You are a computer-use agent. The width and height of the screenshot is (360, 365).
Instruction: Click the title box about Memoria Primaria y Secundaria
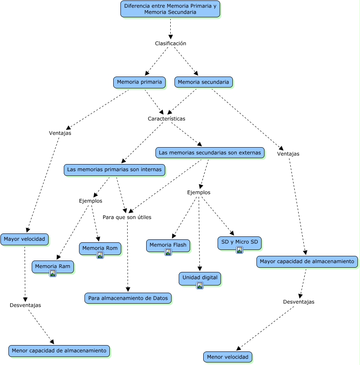tap(170, 9)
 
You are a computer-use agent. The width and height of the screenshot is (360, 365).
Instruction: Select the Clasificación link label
tap(170, 43)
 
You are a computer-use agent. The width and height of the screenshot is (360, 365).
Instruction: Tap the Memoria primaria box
tap(139, 82)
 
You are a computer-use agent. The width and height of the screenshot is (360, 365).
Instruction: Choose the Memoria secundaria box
tap(204, 82)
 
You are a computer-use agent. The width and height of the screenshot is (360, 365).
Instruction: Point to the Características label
tap(166, 119)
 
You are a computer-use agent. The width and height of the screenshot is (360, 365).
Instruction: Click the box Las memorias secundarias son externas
tap(210, 153)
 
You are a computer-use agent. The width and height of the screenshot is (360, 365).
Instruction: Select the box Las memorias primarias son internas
tap(115, 170)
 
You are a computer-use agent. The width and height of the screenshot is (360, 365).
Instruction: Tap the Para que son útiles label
tap(127, 217)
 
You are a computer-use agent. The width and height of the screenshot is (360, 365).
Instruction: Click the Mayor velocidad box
tap(25, 239)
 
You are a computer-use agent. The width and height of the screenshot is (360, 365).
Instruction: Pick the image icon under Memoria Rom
tap(100, 255)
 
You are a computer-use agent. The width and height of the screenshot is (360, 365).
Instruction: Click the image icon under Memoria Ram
tap(53, 273)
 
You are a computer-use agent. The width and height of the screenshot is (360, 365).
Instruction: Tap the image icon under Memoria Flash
tap(168, 252)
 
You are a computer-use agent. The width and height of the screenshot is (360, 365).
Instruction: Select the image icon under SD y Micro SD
tap(240, 250)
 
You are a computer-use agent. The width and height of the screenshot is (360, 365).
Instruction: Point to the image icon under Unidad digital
tap(200, 285)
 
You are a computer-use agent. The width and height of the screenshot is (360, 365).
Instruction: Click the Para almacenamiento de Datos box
tap(128, 298)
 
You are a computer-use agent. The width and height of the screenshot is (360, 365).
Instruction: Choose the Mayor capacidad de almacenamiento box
tap(307, 262)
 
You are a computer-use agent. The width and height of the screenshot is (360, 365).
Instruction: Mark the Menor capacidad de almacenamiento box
tap(59, 351)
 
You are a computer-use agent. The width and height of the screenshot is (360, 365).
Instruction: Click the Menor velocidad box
tap(228, 357)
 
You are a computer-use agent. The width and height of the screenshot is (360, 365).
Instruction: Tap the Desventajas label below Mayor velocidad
tap(25, 305)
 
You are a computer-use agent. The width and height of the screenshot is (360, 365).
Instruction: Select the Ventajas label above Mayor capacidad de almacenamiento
tap(288, 154)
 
